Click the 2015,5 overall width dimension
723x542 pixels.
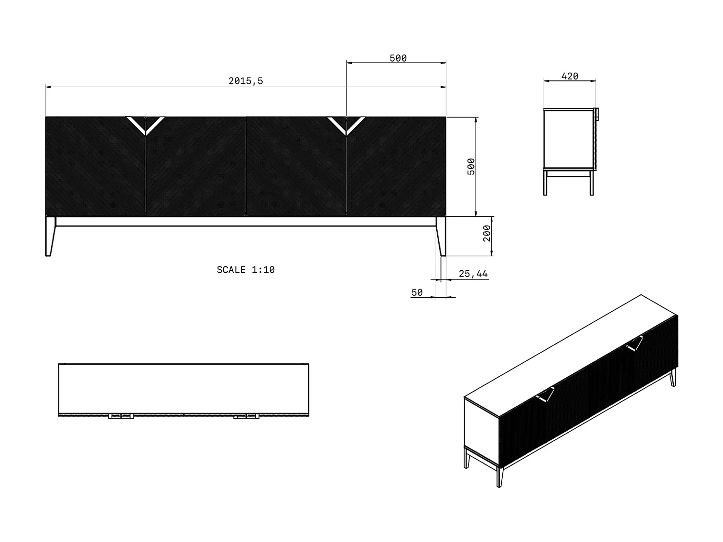coord(246,81)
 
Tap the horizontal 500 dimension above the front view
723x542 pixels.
coord(398,58)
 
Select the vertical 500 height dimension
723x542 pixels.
coord(471,166)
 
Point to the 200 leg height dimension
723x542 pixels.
coord(487,234)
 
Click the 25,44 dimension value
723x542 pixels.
coord(473,274)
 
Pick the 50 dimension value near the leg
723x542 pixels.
coord(417,292)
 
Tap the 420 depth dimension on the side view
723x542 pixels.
coord(570,76)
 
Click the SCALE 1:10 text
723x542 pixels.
coord(246,270)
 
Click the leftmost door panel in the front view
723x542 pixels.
coord(95,166)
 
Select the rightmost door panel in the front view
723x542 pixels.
coord(396,166)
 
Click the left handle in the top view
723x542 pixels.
coord(120,416)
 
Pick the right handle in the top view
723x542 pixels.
coord(246,416)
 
